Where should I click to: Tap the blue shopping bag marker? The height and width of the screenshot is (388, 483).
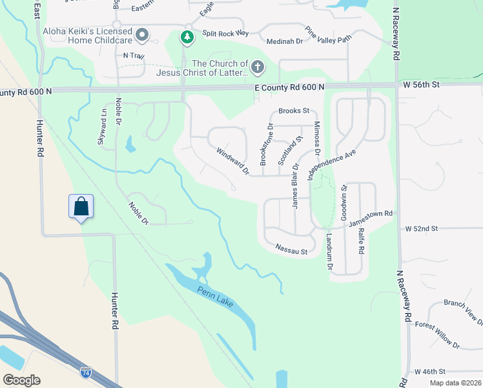coord(81,207)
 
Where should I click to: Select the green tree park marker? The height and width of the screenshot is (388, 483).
coord(187,38)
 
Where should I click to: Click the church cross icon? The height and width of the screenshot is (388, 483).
coord(258,67)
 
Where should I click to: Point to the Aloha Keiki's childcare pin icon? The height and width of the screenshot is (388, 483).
coord(142,34)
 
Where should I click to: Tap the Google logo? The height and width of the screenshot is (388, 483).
coord(21,380)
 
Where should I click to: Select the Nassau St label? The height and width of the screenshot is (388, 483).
coord(291,249)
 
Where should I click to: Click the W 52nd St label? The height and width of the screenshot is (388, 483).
coord(422,229)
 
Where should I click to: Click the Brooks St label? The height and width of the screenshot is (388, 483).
coord(294,111)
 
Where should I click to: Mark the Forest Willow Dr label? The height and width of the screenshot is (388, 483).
coord(437,335)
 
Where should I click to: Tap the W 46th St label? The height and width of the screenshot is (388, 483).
coord(430,372)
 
